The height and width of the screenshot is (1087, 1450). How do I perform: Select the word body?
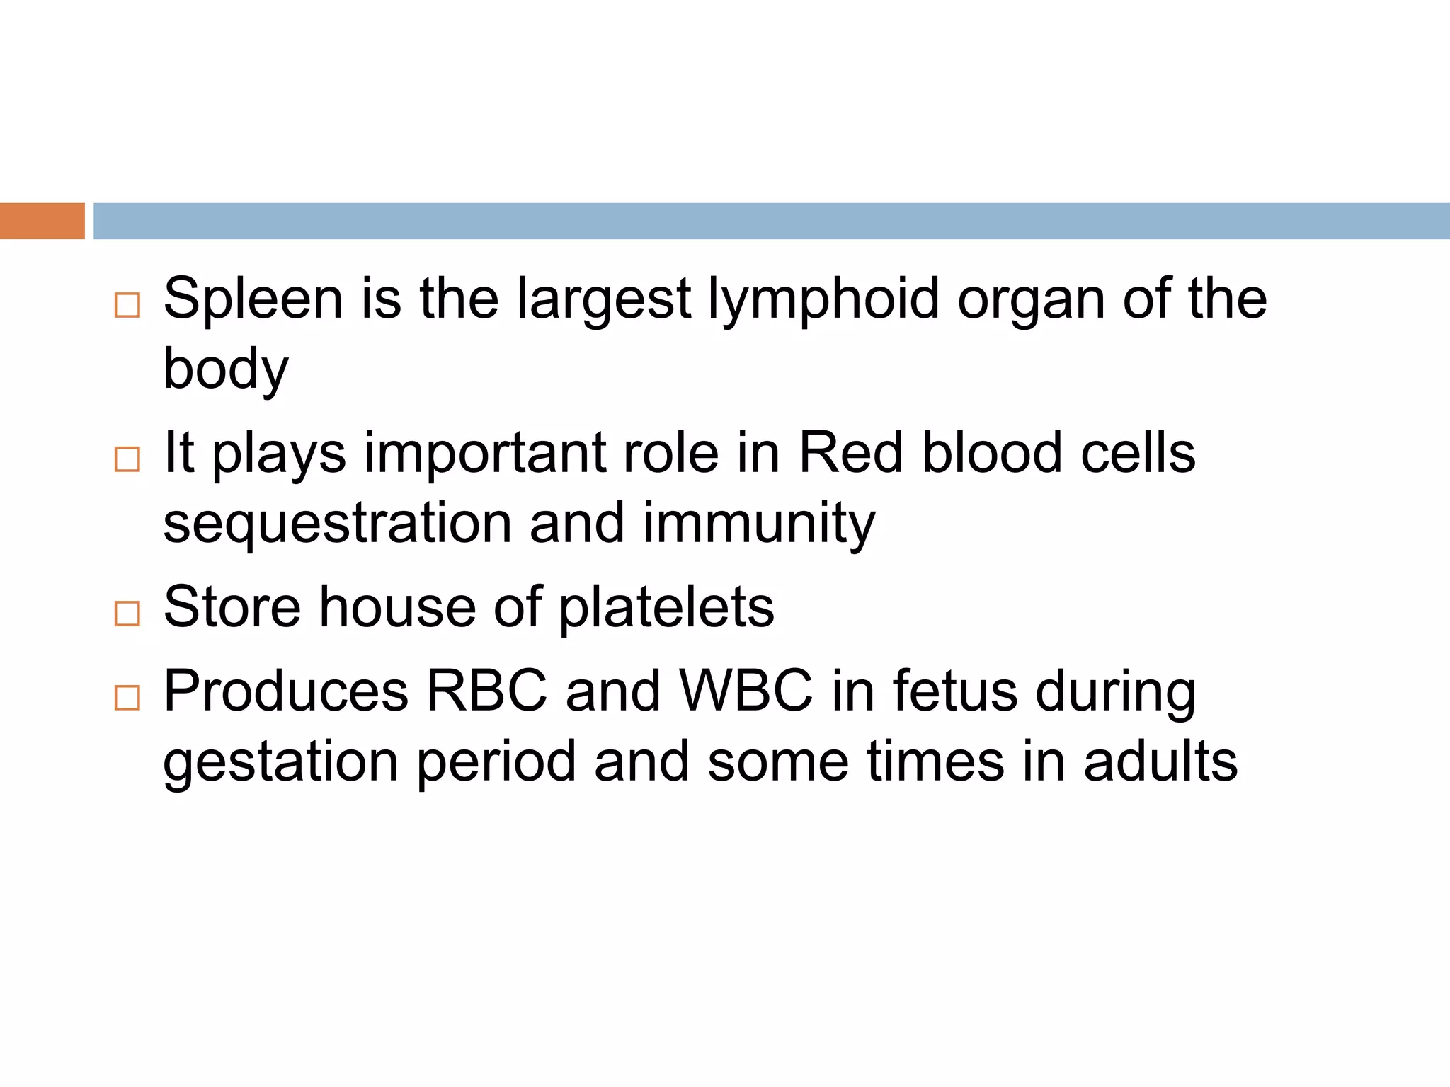click(226, 369)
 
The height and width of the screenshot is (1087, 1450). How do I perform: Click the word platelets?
click(666, 608)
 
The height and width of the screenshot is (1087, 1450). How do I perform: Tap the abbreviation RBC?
click(486, 691)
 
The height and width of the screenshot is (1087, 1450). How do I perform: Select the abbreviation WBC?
click(746, 691)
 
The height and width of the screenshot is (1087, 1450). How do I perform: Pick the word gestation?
click(280, 763)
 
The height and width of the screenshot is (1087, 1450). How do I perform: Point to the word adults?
click(1160, 761)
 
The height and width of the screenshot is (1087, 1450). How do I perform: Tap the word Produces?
click(285, 691)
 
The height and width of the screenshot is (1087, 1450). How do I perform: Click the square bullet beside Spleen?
click(127, 306)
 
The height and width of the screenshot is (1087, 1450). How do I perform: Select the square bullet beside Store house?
click(127, 614)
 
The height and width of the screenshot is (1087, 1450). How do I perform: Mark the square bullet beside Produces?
click(127, 698)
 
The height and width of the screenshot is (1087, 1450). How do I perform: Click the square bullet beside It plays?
click(127, 459)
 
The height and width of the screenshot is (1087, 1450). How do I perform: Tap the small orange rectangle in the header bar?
click(42, 221)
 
